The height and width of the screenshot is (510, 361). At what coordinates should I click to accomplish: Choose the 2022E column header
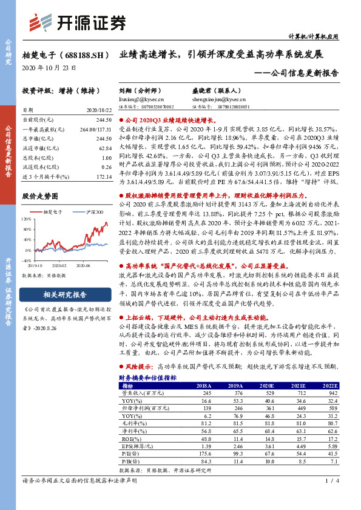pos(329,386)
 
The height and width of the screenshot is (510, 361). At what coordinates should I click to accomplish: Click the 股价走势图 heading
pos(39,196)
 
